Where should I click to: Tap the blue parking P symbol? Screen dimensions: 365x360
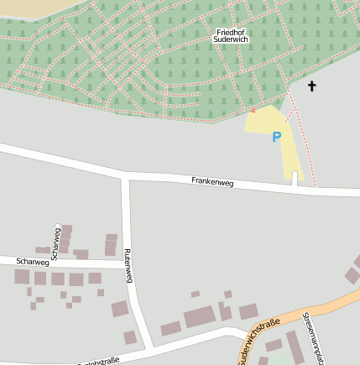point(276,137)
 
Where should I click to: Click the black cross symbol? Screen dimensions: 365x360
point(312,86)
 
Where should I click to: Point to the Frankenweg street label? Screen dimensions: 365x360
point(212,180)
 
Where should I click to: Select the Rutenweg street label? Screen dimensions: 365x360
point(128,266)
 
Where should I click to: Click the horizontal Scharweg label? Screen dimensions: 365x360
point(32,262)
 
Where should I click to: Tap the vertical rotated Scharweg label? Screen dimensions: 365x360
point(55,239)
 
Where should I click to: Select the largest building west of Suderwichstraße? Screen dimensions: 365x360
point(200,317)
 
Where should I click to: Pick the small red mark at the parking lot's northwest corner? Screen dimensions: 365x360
point(253,109)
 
